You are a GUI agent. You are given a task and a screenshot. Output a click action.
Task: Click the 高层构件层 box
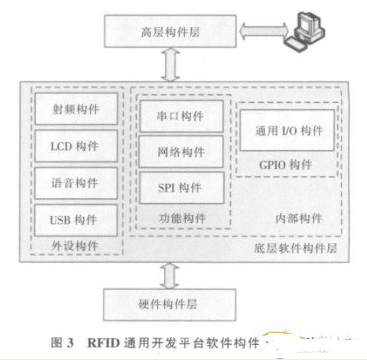[x=170, y=32]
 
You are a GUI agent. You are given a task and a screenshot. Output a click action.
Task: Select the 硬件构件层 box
[x=170, y=305]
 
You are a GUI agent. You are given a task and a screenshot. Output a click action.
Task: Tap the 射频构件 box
[x=76, y=109]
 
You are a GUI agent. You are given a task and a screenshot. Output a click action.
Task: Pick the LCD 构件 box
[x=76, y=146]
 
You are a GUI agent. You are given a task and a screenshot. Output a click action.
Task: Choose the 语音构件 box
[x=76, y=183]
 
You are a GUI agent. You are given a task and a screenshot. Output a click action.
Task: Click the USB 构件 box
[x=76, y=220]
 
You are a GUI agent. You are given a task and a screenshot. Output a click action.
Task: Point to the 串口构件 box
[x=181, y=116]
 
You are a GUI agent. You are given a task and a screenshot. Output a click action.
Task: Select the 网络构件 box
[x=181, y=152]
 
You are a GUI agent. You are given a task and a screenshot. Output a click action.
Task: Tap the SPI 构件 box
[x=182, y=188]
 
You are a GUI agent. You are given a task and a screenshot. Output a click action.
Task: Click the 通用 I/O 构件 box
[x=287, y=130]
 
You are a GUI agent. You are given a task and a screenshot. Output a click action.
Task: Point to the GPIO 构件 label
[x=285, y=165]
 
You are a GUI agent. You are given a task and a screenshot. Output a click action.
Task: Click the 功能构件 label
[x=183, y=218]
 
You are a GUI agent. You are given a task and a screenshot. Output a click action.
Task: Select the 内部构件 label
[x=298, y=219]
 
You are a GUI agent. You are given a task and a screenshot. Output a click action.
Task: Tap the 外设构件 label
[x=74, y=246]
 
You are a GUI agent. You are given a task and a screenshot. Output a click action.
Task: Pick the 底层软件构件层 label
[x=296, y=248]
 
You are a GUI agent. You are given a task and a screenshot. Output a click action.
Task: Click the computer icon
[x=304, y=32]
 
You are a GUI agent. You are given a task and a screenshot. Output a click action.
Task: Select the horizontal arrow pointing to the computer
[x=264, y=31]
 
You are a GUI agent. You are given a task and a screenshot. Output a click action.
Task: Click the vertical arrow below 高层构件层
[x=171, y=64]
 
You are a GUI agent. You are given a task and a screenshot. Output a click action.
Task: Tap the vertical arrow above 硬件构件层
[x=170, y=276]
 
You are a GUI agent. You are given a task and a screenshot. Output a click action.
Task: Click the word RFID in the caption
[x=103, y=343]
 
